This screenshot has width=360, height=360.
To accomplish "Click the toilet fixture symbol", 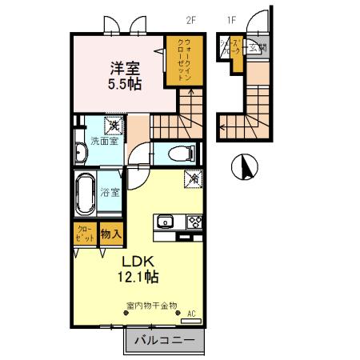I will point(179,152).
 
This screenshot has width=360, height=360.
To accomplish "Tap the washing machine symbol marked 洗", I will point(114,126).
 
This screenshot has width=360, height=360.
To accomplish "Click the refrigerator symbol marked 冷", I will point(193,179).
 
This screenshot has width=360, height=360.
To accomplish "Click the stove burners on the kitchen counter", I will point(194,222).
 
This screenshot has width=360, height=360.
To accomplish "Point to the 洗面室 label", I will point(104,142).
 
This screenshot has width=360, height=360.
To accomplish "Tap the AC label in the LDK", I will point(192,314).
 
